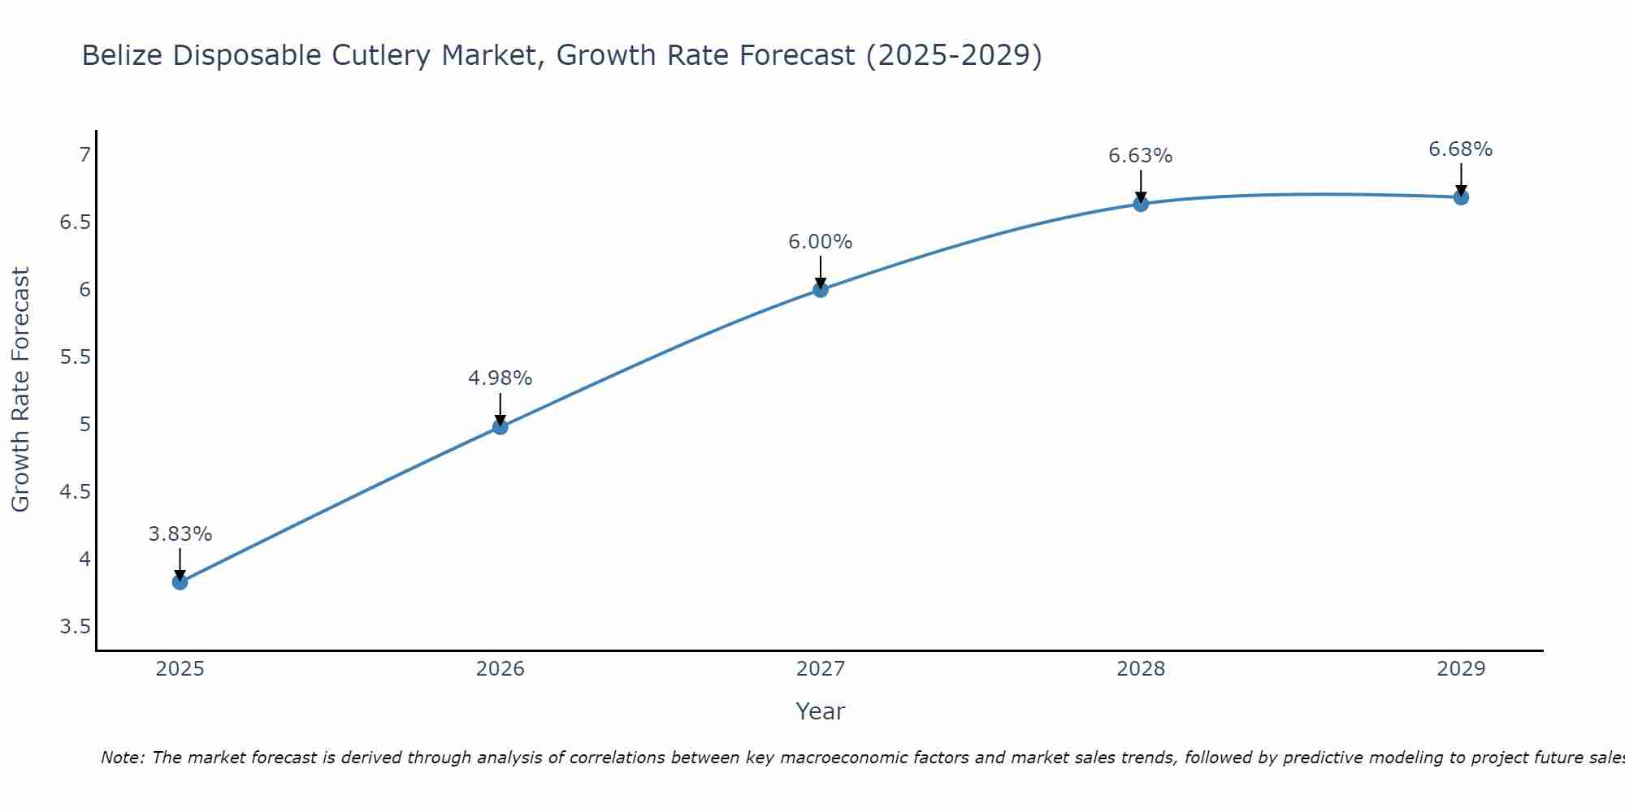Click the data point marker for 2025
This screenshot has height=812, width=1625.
[180, 581]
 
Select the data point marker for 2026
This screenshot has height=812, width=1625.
[500, 426]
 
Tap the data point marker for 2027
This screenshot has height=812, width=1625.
[820, 289]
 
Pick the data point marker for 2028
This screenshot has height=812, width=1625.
[1140, 203]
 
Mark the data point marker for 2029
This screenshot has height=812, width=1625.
[1460, 197]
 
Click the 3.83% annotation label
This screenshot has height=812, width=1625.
[180, 534]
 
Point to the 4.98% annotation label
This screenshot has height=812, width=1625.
[500, 378]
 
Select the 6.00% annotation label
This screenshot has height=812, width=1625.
[820, 242]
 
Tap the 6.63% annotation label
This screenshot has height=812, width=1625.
[1140, 156]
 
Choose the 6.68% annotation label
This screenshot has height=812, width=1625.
[1460, 149]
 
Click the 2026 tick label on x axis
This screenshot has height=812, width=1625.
[500, 669]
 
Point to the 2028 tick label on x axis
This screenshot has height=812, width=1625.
[1140, 669]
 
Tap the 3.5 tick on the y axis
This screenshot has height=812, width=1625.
[76, 627]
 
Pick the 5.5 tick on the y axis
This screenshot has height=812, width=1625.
[76, 357]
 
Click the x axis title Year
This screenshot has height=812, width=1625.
[820, 711]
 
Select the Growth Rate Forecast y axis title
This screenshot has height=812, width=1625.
[20, 390]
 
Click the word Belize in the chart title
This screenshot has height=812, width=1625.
[122, 55]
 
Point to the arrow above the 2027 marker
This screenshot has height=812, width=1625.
[820, 271]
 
